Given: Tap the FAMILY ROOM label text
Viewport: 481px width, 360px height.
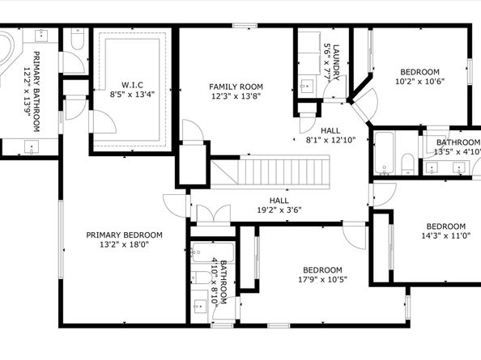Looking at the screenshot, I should [x=236, y=87].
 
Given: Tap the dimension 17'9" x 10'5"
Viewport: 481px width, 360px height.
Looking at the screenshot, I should [x=321, y=280].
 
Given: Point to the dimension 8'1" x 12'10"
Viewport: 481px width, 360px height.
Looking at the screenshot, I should [x=330, y=139].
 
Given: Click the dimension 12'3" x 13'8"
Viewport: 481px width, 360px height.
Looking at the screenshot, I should [x=236, y=96].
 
